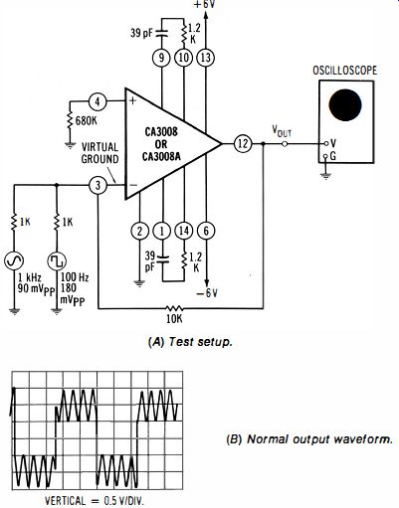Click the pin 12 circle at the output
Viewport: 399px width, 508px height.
243,144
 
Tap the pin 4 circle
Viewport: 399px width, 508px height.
98,101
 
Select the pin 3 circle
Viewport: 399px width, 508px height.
98,185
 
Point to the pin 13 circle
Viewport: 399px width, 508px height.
206,58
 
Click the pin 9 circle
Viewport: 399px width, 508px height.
161,58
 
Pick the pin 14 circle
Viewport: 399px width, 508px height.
184,231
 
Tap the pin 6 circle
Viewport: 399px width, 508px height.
206,231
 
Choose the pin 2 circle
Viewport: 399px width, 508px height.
139,231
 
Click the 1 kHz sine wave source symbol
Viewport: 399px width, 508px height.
14,260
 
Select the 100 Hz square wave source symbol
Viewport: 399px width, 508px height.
57,260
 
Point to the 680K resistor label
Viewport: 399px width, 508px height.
87,121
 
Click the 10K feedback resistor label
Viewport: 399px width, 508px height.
174,318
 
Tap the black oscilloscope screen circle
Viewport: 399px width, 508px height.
345,105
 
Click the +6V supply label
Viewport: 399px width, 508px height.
205,5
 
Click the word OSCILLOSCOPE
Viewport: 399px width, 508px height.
345,71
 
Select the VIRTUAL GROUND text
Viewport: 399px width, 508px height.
100,153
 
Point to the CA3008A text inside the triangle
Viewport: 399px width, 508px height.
161,156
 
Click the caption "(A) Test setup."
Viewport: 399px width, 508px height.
190,342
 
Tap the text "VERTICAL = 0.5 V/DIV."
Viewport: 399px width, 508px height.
95,501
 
